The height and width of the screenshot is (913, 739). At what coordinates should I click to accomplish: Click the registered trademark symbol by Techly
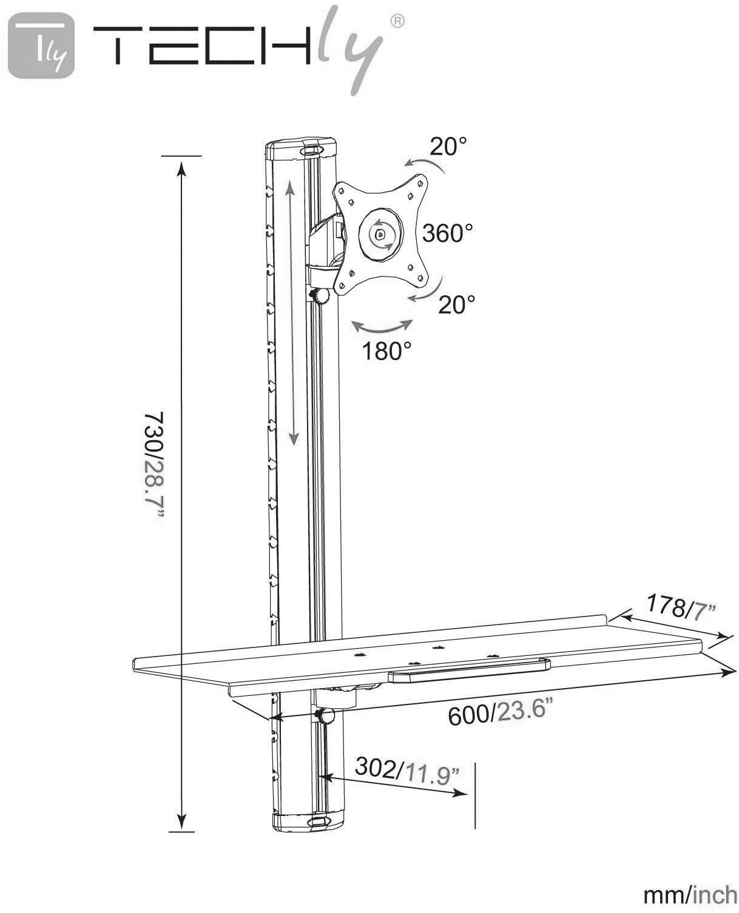coord(397,22)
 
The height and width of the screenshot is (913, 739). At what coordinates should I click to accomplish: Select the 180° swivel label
coord(386,350)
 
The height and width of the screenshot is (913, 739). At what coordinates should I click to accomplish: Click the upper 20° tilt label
coord(448,147)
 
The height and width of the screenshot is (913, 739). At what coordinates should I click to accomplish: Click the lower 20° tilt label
coord(456,304)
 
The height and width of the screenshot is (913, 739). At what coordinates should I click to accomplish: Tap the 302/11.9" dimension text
coord(407,771)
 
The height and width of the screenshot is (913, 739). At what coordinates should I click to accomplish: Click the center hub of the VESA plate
coord(380,234)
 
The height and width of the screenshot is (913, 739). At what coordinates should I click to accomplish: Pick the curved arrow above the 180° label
coord(382,328)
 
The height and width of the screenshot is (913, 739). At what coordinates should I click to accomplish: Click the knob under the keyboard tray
coord(326,717)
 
